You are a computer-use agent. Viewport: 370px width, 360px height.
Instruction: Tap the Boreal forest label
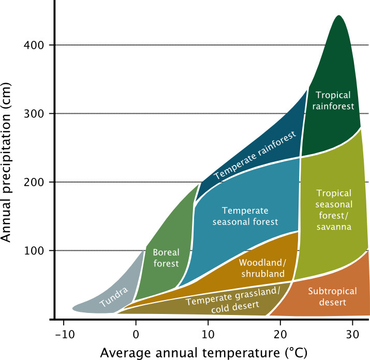point(166,258)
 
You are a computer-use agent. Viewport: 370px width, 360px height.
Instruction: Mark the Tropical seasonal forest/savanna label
point(334,209)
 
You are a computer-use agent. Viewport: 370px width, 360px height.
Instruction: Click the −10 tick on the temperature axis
point(64,334)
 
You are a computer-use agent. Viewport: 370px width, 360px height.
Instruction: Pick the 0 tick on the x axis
point(136,334)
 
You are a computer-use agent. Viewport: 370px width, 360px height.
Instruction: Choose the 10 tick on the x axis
point(208,334)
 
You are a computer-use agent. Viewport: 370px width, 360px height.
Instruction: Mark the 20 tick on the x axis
point(280,334)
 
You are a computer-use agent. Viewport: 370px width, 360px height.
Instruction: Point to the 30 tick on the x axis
point(352,334)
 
